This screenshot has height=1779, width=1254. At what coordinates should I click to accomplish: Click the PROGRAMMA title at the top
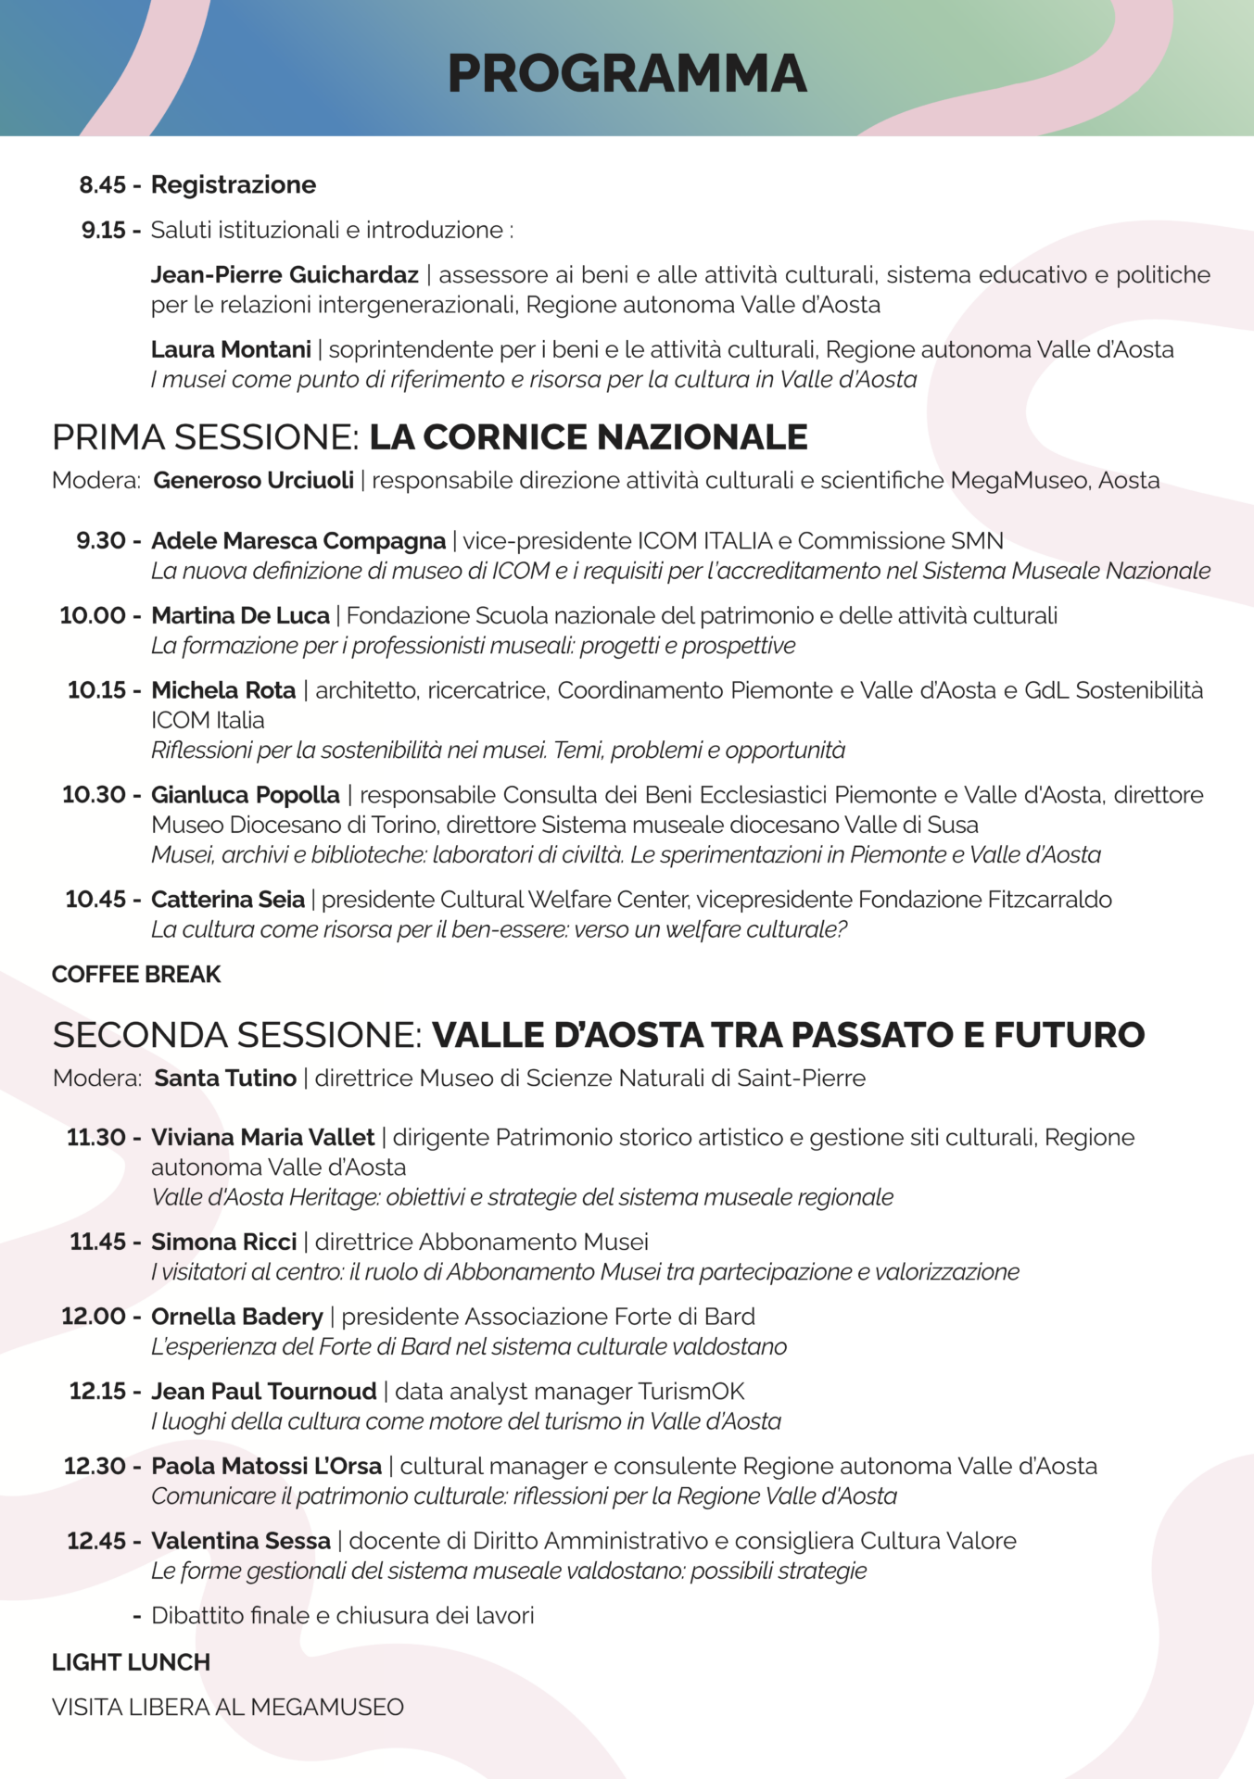627,74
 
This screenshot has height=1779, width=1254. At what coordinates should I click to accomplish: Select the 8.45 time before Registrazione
102,185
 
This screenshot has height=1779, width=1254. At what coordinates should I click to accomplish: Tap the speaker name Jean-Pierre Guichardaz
285,275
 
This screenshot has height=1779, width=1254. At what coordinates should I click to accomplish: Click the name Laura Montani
231,350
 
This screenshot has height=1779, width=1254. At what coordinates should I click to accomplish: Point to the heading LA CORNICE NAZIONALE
589,437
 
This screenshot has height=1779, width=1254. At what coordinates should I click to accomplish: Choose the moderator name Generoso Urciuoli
253,481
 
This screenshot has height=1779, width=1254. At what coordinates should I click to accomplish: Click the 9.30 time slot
100,541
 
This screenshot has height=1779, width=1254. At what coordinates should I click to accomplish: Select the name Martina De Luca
240,616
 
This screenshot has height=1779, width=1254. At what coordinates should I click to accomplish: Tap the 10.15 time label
96,690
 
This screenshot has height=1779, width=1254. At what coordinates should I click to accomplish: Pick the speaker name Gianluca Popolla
246,795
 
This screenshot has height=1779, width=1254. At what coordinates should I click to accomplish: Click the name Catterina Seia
228,900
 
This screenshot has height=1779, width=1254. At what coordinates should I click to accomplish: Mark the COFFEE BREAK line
136,975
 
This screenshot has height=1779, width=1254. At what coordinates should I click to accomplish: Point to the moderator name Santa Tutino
225,1079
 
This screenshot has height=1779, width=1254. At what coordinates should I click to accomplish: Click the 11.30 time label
95,1138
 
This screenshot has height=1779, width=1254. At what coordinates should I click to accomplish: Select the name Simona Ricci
224,1243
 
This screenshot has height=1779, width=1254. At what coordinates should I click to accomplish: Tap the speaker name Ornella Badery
237,1318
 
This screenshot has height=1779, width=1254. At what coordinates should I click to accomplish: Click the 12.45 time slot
96,1541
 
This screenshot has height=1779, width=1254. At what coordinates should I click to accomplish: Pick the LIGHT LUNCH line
131,1663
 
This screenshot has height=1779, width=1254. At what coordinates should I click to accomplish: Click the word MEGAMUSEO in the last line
327,1708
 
